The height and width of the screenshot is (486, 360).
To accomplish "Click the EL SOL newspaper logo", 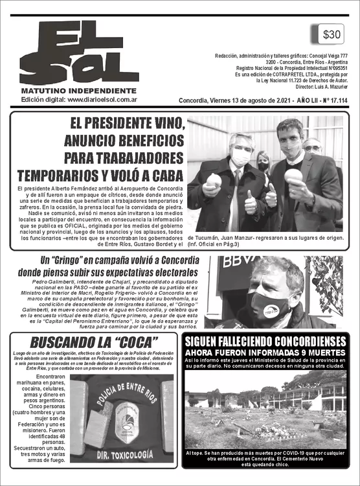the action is (78, 52).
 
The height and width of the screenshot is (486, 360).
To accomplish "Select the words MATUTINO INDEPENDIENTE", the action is (78, 91).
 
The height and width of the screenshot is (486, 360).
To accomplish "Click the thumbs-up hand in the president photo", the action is (250, 203).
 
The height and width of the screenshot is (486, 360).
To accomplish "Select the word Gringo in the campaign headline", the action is (67, 260).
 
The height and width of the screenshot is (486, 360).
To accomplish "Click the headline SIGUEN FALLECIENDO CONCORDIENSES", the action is (266, 341).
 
